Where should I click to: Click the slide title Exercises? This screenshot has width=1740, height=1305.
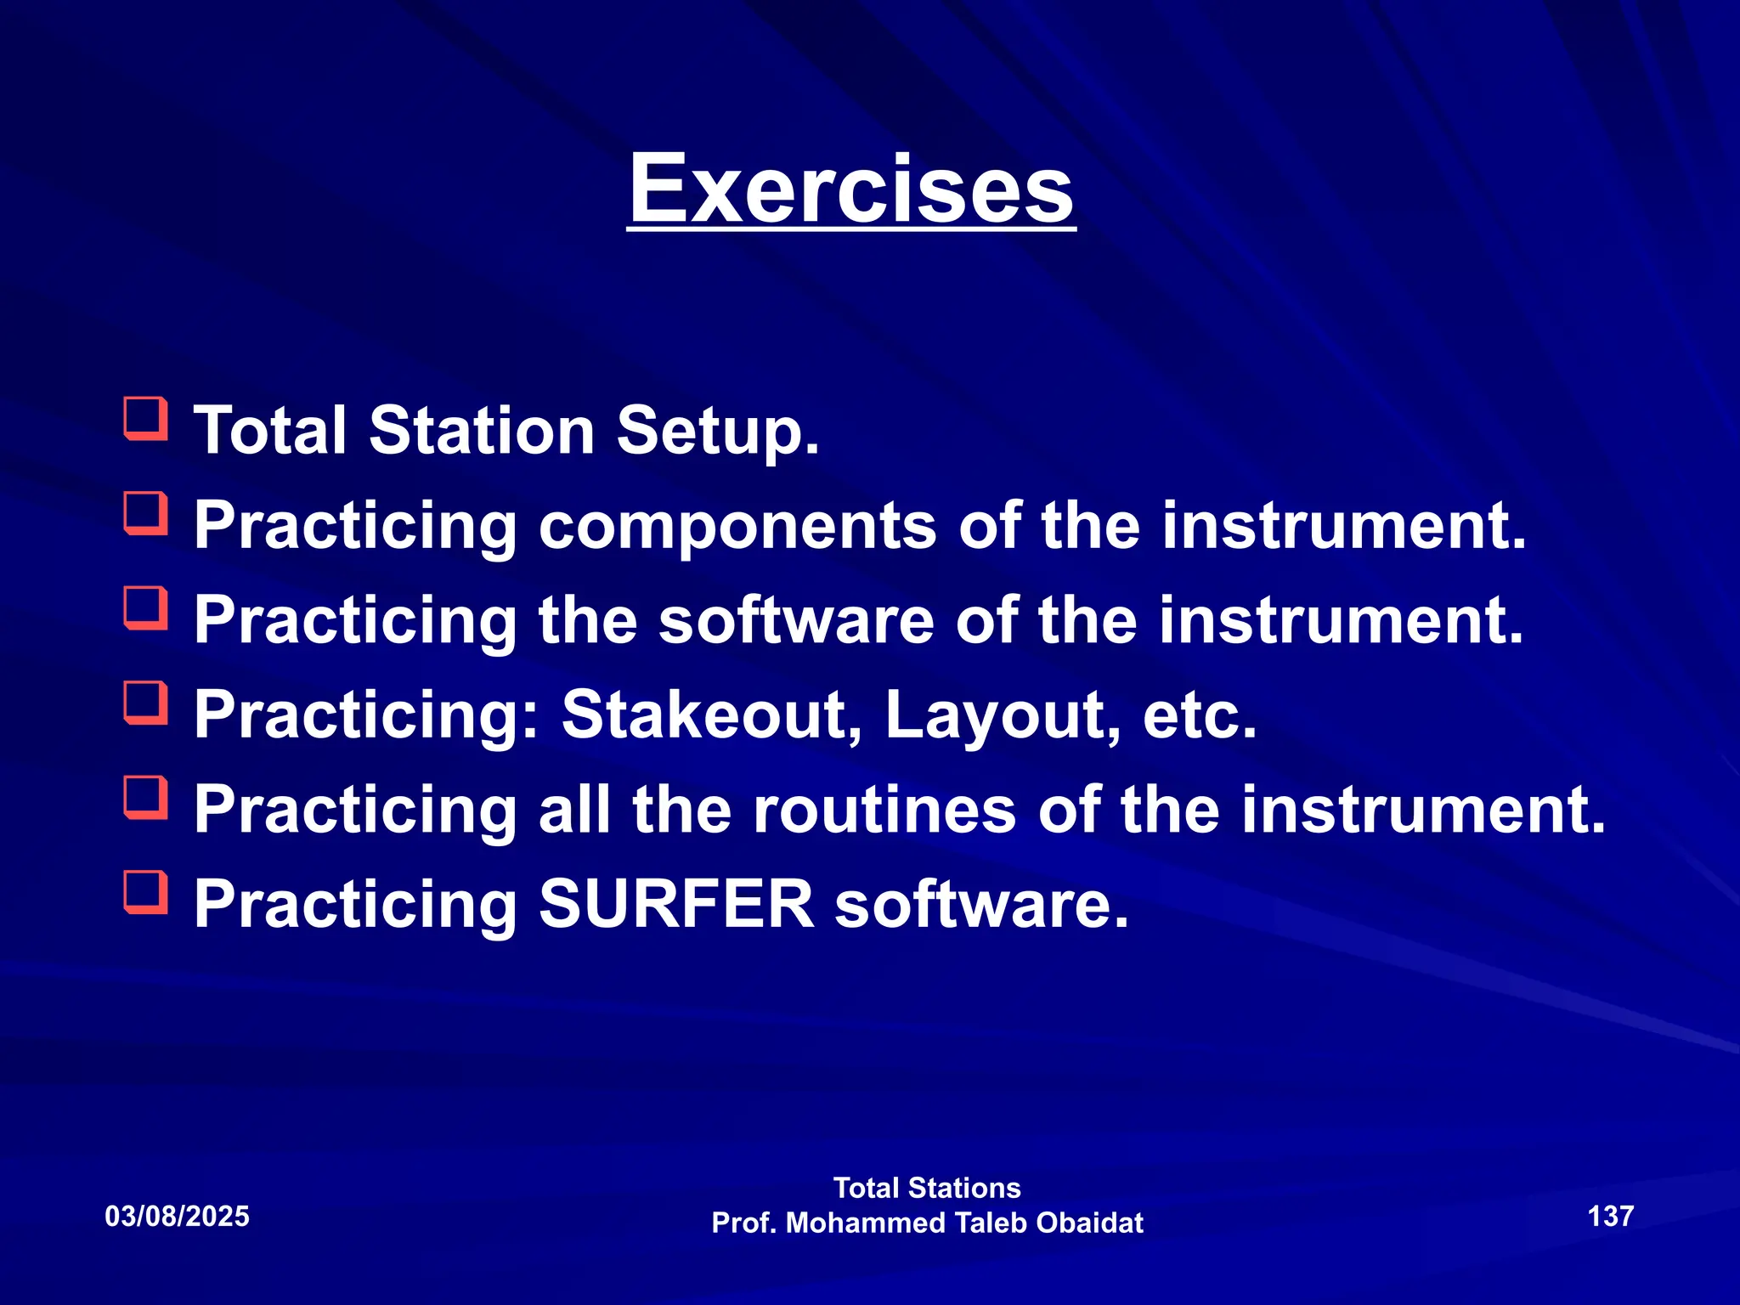(851, 189)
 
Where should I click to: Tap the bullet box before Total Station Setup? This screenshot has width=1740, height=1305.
(145, 419)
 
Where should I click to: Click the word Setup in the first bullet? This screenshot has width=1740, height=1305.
(717, 431)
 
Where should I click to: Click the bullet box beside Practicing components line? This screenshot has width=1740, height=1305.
(145, 514)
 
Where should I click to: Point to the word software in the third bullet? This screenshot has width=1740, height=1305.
(797, 620)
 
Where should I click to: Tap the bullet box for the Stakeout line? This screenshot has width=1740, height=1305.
(145, 703)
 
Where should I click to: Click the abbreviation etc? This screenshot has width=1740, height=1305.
(1199, 716)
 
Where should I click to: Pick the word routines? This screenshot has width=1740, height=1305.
(884, 810)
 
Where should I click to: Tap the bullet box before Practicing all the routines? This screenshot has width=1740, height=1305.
(145, 799)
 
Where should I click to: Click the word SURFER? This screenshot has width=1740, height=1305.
(676, 904)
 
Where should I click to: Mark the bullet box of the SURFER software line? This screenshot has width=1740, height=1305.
(145, 893)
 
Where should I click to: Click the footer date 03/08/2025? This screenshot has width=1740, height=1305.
(177, 1217)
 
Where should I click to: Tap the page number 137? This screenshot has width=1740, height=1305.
(1610, 1216)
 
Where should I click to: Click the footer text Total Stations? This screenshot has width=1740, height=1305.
(927, 1188)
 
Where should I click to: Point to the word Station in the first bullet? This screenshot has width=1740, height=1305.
(482, 431)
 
